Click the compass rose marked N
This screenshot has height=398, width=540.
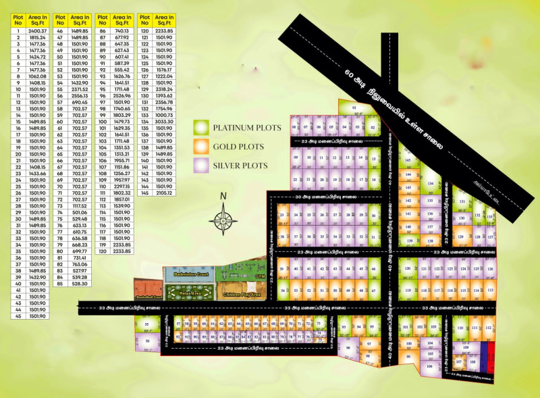(223, 218)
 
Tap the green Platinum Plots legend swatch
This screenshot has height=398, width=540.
(200, 127)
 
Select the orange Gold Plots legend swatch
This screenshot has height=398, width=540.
(200, 146)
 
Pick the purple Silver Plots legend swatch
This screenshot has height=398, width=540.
(200, 165)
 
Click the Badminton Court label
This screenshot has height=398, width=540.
(188, 275)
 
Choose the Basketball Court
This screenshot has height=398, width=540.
(148, 291)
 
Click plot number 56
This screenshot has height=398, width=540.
(148, 342)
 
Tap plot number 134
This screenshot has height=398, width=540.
(430, 184)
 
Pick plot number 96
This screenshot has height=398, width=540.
(348, 349)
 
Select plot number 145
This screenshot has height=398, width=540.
(408, 160)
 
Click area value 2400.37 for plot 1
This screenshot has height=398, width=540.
(38, 31)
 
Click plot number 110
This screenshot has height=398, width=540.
(461, 329)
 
